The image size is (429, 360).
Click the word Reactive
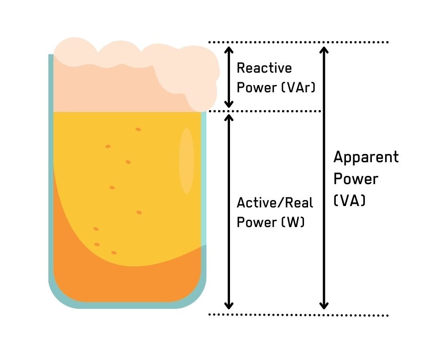(x=264, y=69)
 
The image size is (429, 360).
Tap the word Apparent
(x=366, y=158)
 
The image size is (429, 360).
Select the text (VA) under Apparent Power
(x=350, y=200)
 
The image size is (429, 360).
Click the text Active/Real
(x=275, y=203)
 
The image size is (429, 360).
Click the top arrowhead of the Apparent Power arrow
(x=324, y=49)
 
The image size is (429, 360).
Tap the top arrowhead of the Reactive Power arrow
(x=229, y=49)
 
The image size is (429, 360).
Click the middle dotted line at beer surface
(x=265, y=111)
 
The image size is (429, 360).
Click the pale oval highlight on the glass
(x=186, y=161)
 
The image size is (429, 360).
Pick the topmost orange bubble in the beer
(x=138, y=130)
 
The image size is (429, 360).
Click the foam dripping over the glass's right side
(x=203, y=91)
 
